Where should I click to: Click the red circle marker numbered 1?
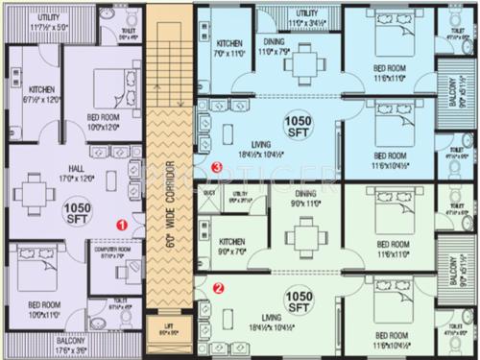pos(122,223)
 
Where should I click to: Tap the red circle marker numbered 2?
pos(218,286)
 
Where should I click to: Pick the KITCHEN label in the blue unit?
pos(230,43)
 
